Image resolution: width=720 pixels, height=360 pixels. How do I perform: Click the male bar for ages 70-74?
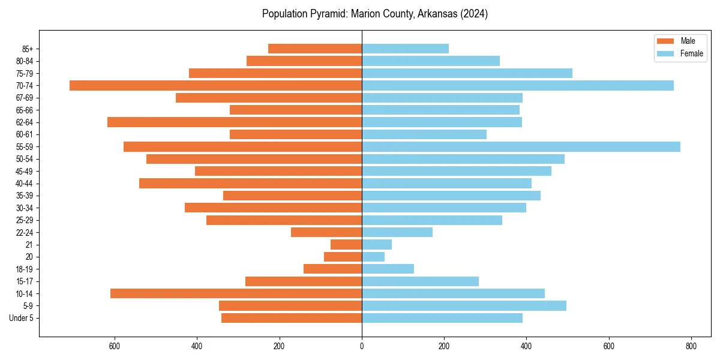coord(215,85)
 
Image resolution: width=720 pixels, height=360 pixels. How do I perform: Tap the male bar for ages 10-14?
coord(236,293)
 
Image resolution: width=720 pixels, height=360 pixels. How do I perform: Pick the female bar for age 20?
coord(373,257)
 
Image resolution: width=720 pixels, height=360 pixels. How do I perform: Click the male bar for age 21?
coord(346,244)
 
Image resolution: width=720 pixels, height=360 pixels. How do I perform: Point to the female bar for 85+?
coord(405,49)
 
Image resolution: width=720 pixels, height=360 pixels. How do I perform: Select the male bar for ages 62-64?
coord(235,122)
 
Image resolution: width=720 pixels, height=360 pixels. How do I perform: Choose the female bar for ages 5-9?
coord(464,305)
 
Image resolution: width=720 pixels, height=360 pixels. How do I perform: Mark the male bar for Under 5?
coord(292,318)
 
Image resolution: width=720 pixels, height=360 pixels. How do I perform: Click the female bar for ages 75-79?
coord(467,73)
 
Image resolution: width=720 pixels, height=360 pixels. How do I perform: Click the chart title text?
coord(375,14)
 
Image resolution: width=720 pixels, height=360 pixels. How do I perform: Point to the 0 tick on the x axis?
coord(362,346)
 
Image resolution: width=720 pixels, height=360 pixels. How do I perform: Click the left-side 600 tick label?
coord(115,346)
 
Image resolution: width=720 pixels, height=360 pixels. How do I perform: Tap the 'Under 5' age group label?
coord(21,318)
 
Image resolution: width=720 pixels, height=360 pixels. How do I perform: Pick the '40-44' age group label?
coord(25,184)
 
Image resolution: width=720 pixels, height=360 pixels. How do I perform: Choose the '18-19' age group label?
coord(25,269)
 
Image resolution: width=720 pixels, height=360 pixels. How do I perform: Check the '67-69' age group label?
coord(25,98)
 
